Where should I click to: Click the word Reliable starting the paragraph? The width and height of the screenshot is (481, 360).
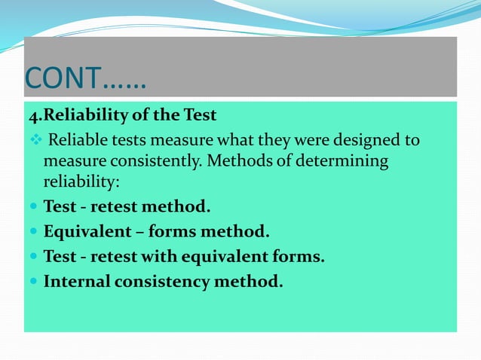coord(79,141)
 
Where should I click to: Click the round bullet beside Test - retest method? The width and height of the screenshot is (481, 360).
coord(34,206)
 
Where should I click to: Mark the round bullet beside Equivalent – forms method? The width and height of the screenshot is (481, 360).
coord(34,231)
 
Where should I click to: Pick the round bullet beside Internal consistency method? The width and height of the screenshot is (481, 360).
coord(34,282)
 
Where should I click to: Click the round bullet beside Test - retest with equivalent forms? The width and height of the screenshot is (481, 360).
coord(34,257)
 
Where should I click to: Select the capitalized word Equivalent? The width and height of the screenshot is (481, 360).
coord(85,231)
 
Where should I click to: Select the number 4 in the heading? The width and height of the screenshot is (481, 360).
coord(33,116)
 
